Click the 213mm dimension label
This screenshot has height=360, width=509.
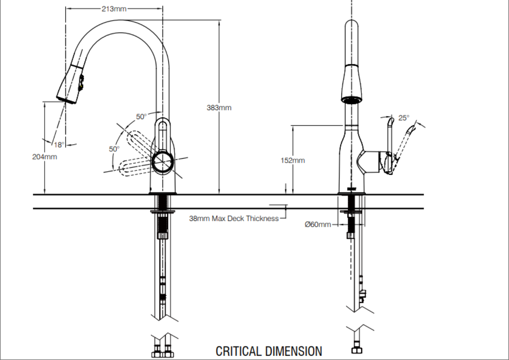click(114, 9)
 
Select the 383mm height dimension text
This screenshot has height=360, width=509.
click(219, 108)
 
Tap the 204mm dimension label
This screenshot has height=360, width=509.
click(44, 157)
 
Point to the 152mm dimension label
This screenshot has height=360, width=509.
click(292, 160)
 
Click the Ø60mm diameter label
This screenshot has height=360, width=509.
click(318, 224)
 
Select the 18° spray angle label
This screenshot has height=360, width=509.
click(59, 145)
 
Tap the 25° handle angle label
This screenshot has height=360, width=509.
click(404, 118)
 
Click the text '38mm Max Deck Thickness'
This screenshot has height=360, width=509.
click(234, 218)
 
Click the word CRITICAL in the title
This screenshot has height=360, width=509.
click(239, 351)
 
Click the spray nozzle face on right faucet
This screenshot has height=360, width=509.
click(351, 100)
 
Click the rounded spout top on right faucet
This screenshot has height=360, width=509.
click(351, 25)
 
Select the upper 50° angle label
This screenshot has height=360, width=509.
click(141, 116)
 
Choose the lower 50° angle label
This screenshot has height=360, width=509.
click(114, 149)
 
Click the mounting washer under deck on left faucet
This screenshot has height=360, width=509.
click(162, 212)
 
